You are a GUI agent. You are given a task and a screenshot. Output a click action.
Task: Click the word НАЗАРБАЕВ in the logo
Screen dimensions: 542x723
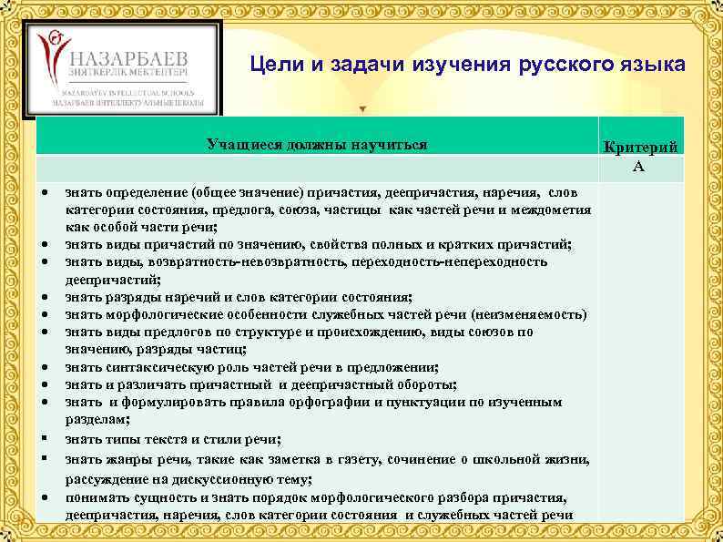pos(135,53)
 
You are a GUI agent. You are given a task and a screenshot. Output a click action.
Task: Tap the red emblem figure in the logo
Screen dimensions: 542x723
pos(54,54)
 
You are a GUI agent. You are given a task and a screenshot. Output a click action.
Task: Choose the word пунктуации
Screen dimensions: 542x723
pos(426,402)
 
